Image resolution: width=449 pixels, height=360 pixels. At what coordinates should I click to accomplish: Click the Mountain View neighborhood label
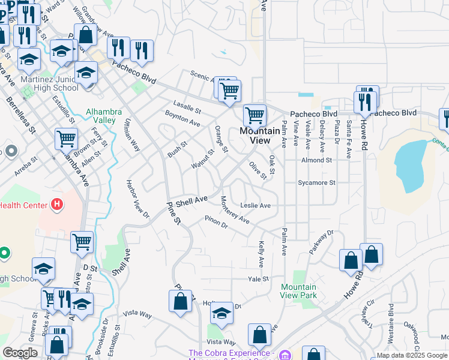[259, 135]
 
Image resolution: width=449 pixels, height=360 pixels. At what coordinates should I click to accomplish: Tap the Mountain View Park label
[298, 291]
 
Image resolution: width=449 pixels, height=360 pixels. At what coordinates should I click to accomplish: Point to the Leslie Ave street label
[256, 205]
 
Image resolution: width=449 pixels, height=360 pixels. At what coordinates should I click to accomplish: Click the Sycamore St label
[316, 182]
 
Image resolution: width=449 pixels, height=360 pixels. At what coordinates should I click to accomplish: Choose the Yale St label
[258, 279]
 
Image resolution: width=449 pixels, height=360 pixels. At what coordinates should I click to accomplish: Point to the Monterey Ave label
[234, 209]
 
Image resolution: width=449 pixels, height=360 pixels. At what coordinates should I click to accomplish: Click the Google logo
[20, 353]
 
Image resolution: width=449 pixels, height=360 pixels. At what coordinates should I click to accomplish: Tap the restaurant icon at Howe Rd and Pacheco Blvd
[366, 102]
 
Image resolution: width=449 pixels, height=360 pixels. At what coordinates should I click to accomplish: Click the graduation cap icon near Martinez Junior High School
[86, 73]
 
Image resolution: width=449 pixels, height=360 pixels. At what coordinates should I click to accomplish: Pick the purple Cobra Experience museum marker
[285, 354]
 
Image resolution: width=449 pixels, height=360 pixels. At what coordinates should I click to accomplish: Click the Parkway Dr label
[321, 242]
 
